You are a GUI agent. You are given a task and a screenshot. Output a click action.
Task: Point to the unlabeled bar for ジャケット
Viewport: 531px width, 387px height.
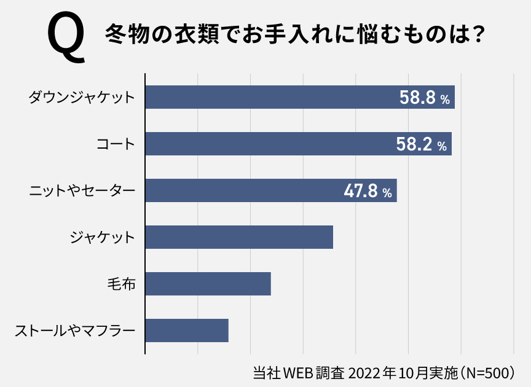239,237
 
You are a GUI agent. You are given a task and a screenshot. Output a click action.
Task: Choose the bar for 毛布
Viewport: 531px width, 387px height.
208,284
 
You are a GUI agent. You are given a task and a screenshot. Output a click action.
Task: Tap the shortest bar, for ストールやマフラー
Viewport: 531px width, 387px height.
187,330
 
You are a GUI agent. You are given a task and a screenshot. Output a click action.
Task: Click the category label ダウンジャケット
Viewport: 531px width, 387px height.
82,98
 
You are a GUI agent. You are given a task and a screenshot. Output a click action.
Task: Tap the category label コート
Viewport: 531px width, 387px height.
116,144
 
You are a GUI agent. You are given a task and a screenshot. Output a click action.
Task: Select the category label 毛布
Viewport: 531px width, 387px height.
121,284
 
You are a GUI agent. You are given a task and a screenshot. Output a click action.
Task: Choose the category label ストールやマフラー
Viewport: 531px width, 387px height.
74,331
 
